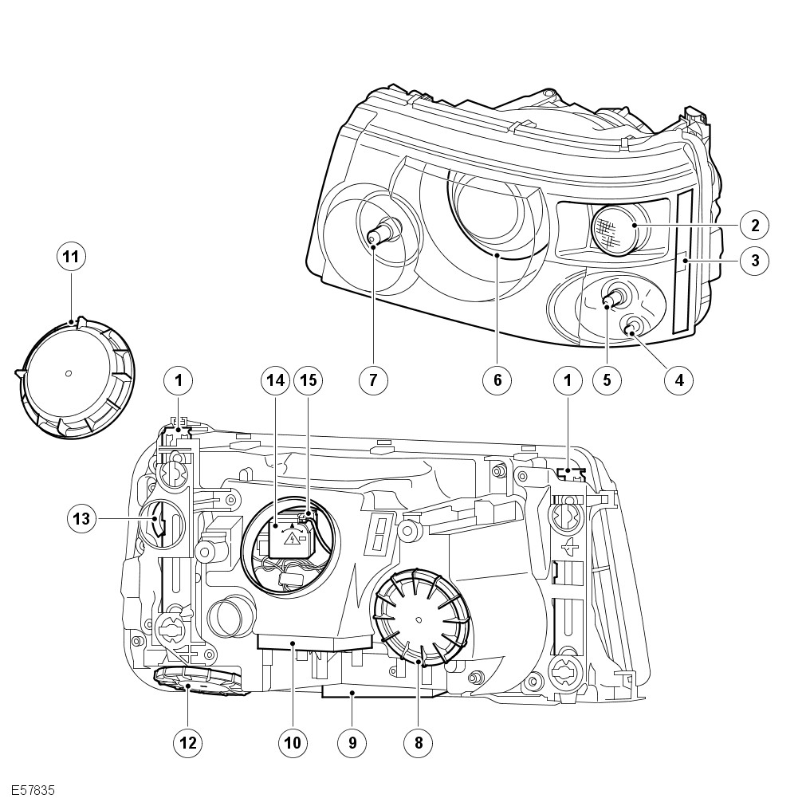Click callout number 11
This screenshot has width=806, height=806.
[x=72, y=257]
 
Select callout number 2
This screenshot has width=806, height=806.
[x=753, y=225]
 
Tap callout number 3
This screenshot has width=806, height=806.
[x=753, y=259]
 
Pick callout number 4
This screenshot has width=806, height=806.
[x=679, y=380]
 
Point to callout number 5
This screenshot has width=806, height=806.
[x=607, y=380]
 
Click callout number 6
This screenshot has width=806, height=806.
[x=497, y=380]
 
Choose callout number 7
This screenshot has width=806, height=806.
[x=372, y=380]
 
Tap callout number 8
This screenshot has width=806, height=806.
[x=417, y=743]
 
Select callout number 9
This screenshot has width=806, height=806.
[x=352, y=743]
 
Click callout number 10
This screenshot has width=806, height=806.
[x=292, y=743]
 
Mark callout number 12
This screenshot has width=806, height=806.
[x=188, y=743]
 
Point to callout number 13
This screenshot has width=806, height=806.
[x=82, y=518]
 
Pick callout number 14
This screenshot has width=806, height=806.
[x=275, y=381]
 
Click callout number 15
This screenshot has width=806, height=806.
[x=308, y=381]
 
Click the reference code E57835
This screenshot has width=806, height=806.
[x=33, y=791]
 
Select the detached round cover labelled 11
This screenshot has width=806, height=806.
[x=76, y=378]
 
